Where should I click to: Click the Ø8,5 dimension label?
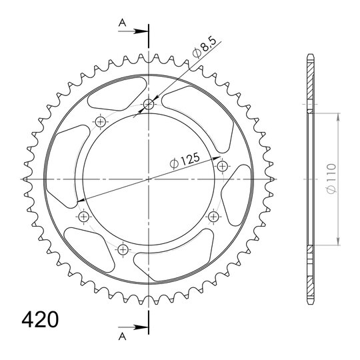coord(205,47)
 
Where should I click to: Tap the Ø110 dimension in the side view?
coord(332,179)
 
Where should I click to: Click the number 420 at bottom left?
coord(40,319)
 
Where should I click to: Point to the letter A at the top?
coord(123,23)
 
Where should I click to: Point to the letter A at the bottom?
coord(123,337)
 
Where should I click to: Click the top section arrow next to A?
coord(133,31)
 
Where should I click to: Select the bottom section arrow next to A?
coord(133,327)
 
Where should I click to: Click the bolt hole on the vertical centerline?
coord(149,105)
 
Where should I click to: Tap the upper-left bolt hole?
coord(100,121)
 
